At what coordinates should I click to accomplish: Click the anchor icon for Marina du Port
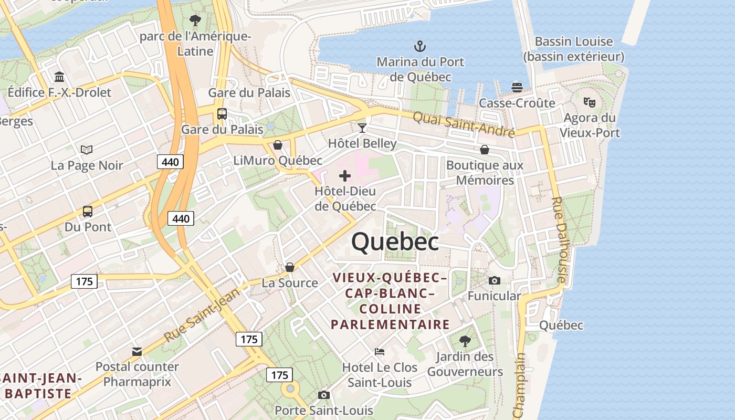pos(419,46)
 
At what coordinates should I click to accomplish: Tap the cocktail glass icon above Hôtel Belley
pos(362,128)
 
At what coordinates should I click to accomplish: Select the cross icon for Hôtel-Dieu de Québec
pos(345,176)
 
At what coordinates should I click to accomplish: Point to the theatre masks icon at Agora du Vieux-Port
pos(589,102)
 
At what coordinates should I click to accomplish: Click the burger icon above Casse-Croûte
pos(517,87)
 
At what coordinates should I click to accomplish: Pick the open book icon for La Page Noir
pos(87,150)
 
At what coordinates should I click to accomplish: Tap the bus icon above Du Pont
pos(88,212)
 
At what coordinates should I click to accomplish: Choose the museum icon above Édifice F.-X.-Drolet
pos(59,77)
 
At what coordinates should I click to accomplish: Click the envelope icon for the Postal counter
pos(137,351)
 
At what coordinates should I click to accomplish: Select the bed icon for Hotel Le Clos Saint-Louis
pos(380,351)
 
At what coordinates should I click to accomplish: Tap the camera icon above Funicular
pos(494,281)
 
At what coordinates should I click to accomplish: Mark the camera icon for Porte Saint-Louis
pos(323,395)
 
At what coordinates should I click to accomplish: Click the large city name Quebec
pos(395,241)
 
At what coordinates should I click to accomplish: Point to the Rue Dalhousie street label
pos(560,240)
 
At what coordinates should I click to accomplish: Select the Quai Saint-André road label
pos(464,124)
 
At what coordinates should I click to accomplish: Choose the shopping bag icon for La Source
pos(289,268)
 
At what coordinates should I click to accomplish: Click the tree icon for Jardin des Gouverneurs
pos(465,341)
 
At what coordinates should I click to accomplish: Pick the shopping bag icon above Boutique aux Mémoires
pos(485,150)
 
